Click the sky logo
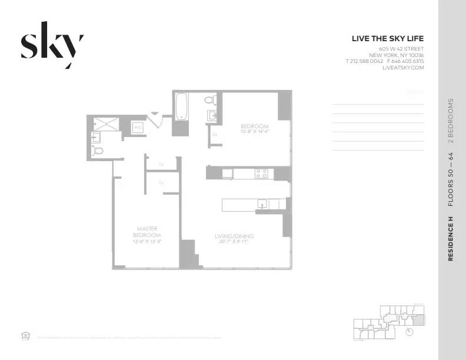point(52,46)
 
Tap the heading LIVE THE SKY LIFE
point(387,39)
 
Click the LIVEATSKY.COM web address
point(402,68)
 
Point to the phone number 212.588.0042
point(366,61)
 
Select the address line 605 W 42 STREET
point(401,48)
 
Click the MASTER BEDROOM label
point(147,232)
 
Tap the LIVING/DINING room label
point(234,236)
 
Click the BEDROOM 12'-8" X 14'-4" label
point(254,129)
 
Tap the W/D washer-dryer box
point(138,126)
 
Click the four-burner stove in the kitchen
point(261,173)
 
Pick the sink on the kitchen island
point(263,204)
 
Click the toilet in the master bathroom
point(98,151)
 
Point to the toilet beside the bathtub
point(210,101)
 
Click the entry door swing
point(155,119)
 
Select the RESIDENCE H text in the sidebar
point(451,238)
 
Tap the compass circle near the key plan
point(410,332)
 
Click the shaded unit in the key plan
point(417,320)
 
